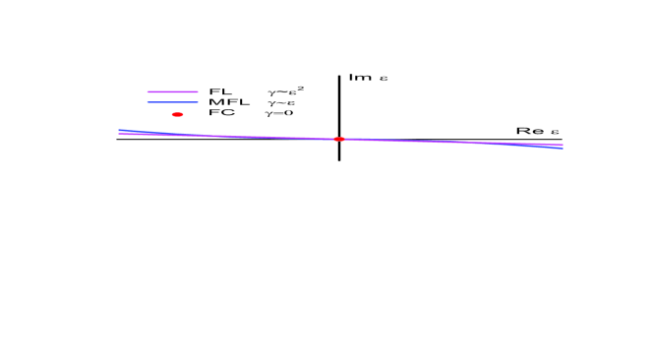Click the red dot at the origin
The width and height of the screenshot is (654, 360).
(339, 139)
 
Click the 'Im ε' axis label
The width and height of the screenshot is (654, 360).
(367, 77)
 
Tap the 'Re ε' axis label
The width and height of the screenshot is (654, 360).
(538, 131)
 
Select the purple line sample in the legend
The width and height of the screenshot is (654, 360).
(173, 92)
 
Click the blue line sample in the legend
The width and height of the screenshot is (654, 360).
(173, 102)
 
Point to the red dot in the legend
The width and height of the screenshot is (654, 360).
(178, 114)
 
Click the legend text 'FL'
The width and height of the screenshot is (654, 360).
(219, 91)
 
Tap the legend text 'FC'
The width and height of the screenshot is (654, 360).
(220, 113)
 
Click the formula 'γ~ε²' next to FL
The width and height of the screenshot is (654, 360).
(283, 91)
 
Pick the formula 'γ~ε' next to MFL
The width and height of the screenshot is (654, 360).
(280, 102)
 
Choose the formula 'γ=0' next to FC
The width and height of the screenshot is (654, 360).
(279, 113)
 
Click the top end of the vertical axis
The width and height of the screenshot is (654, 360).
(339, 75)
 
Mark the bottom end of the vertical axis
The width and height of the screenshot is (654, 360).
(339, 159)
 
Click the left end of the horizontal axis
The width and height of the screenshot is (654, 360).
(117, 140)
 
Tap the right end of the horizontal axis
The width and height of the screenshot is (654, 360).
(563, 140)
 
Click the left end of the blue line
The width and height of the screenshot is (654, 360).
(119, 130)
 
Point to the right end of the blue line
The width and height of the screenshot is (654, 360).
(563, 149)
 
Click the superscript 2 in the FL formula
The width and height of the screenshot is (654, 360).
(299, 88)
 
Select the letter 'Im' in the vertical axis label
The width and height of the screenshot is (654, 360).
(356, 77)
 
